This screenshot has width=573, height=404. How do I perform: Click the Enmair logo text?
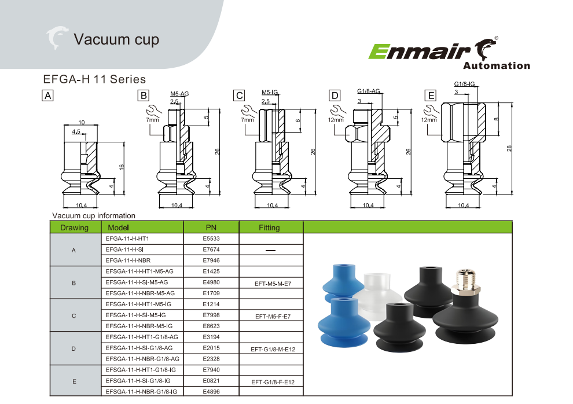coord(419,52)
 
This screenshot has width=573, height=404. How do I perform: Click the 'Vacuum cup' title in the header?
coord(116,39)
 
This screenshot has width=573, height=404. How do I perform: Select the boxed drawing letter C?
coord(239,96)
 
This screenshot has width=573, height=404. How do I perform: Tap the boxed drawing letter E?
coord(431,96)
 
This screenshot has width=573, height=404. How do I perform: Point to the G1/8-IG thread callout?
coord(464,84)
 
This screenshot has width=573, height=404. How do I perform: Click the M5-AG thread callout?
coord(179,94)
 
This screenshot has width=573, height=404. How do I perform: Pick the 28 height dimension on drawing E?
coord(509,148)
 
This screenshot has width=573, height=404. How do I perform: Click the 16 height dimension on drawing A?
coord(122,167)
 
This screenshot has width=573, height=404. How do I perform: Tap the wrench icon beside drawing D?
coord(338,111)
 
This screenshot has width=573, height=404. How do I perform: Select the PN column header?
coord(211,227)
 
